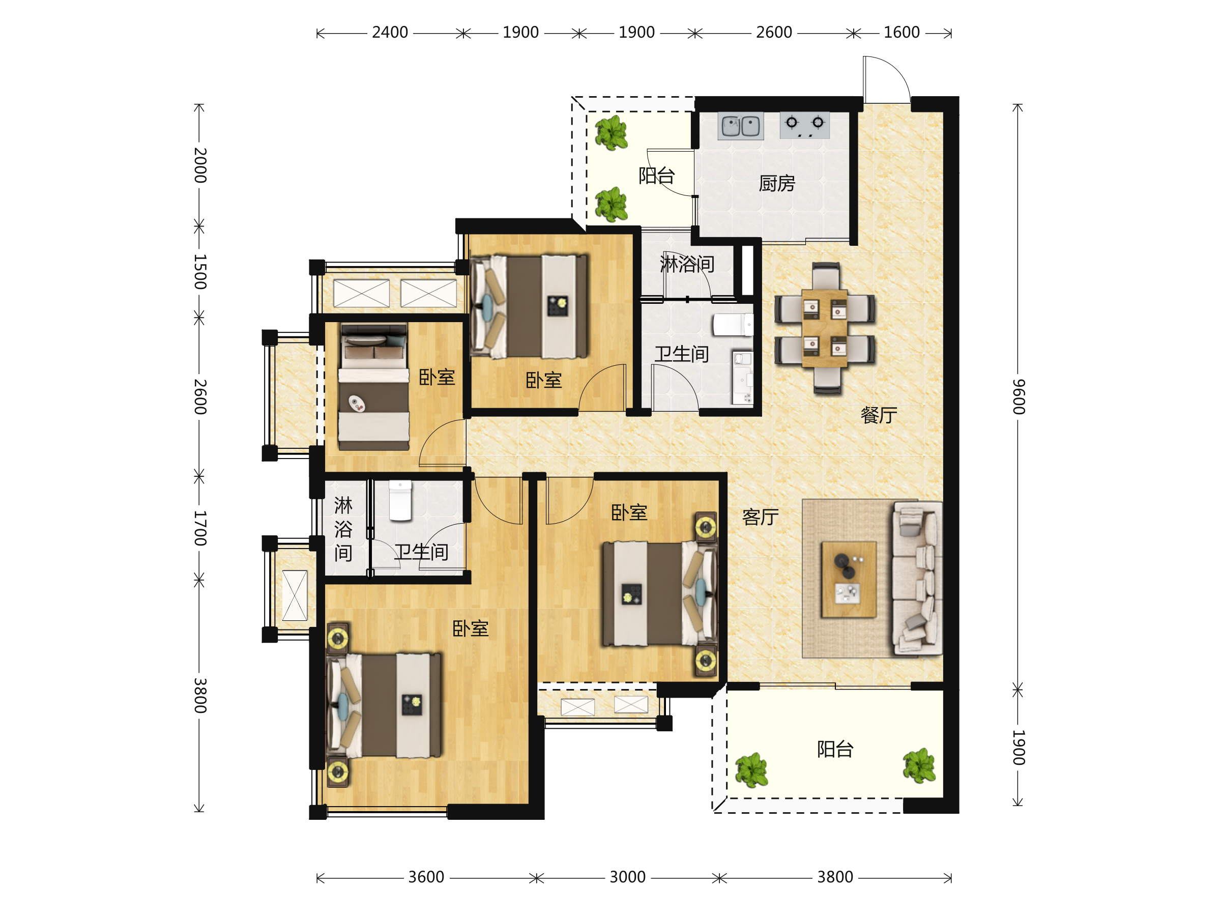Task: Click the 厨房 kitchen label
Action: point(777,183)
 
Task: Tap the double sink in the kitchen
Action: point(741,126)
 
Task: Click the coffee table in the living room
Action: point(849,579)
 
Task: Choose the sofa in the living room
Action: point(917,578)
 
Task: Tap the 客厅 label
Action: point(760,517)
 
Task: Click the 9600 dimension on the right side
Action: point(1019,396)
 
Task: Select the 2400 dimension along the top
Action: point(390,33)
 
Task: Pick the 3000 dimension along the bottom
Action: point(627,877)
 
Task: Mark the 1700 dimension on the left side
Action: point(200,528)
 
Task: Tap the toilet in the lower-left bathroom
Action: point(400,501)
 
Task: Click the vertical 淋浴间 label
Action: point(343,529)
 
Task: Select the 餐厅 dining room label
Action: point(879,415)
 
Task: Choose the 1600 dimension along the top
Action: point(902,33)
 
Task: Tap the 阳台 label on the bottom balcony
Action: point(835,749)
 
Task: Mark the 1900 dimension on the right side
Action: point(1019,748)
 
